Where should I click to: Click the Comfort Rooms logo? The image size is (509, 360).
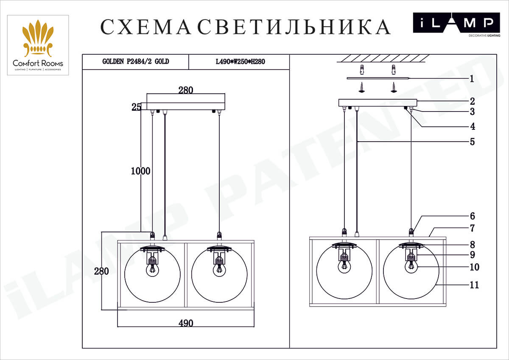tap(38, 45)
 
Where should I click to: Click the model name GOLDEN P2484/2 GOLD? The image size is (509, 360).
tap(136, 61)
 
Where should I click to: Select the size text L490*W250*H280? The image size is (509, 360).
tap(240, 61)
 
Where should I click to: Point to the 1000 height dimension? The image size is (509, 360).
tap(140, 171)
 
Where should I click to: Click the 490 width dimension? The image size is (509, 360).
tap(186, 323)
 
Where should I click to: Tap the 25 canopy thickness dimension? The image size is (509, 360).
tap(136, 107)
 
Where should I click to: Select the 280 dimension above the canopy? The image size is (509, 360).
tap(186, 90)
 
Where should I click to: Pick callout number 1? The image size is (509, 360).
tap(471, 78)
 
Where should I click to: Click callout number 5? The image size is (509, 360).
tap(472, 142)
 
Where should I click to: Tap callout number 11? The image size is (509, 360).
tap(474, 285)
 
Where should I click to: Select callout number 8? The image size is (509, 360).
tap(472, 245)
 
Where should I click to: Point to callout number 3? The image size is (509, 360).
tap(472, 112)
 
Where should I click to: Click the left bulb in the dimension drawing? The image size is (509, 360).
tap(152, 269)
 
